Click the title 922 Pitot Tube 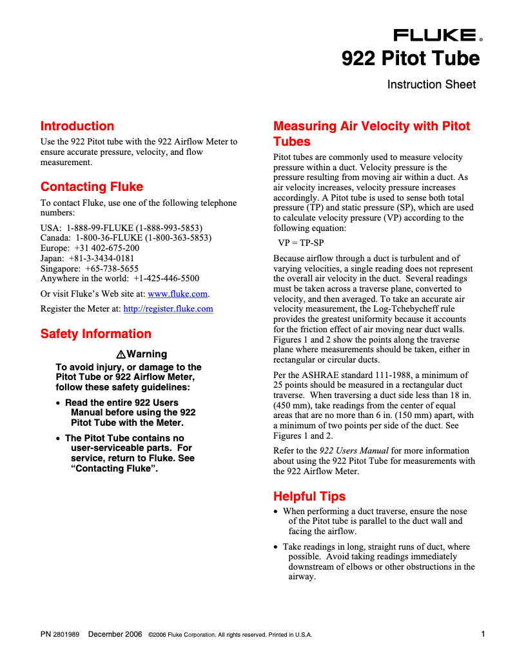click(x=410, y=59)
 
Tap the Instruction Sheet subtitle click(x=431, y=85)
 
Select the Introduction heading click(x=77, y=126)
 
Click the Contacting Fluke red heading click(x=92, y=187)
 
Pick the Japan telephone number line click(x=88, y=258)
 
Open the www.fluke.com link click(x=178, y=294)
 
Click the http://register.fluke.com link click(x=168, y=309)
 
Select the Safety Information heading click(x=96, y=334)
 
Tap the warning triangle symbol click(x=121, y=354)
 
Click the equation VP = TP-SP click(x=301, y=243)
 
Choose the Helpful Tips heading click(x=309, y=497)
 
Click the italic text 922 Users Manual click(x=354, y=451)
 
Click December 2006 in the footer click(x=115, y=635)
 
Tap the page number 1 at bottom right click(x=483, y=634)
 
